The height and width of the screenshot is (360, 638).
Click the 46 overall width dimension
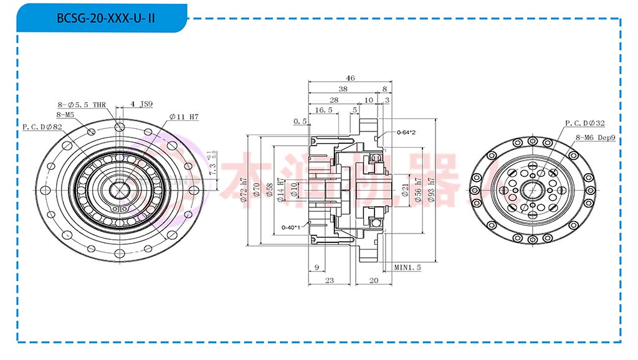[x=350, y=78]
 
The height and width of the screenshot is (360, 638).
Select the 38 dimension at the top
[x=343, y=89]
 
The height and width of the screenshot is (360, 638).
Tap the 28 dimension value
[x=333, y=100]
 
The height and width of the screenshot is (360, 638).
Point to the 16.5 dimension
[x=323, y=110]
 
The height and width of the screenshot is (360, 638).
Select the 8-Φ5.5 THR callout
[x=82, y=105]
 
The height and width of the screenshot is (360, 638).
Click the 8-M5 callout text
[x=65, y=115]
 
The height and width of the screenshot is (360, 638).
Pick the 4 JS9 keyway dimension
[x=141, y=104]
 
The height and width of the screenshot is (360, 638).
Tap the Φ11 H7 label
[x=184, y=116]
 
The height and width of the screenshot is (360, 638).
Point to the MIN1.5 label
[x=407, y=267]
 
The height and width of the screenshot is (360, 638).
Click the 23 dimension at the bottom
[x=330, y=281]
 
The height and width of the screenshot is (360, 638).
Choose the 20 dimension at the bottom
[x=374, y=281]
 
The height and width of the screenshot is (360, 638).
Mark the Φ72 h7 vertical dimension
[x=244, y=191]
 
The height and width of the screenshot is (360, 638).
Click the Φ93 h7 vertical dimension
[x=431, y=190]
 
